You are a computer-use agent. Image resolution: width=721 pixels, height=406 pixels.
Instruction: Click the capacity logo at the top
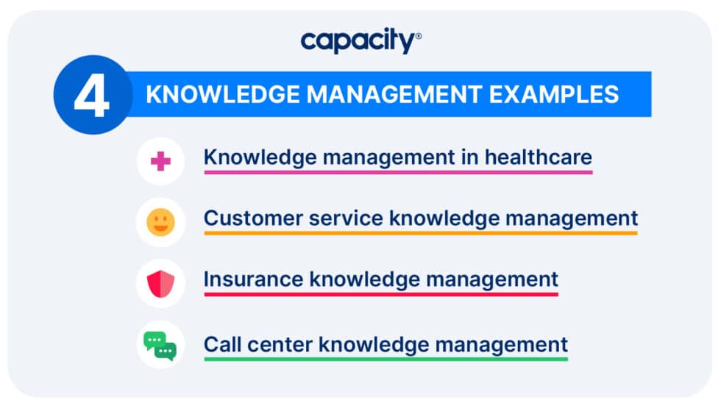(x=359, y=41)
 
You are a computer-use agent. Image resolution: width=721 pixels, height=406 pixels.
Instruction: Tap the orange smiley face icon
(x=160, y=222)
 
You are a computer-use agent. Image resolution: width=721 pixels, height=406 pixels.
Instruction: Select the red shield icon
(x=160, y=283)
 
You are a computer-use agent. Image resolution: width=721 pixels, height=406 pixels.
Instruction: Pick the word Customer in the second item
(x=246, y=218)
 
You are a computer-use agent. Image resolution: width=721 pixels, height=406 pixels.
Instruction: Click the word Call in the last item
(x=221, y=343)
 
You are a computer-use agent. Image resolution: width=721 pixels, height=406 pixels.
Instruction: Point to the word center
(x=277, y=343)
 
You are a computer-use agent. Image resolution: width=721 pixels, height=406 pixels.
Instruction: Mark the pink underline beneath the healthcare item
(x=397, y=172)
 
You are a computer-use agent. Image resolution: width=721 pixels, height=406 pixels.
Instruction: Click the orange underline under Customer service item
(x=420, y=233)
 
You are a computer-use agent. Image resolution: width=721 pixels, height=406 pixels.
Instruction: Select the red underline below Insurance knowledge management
(x=380, y=294)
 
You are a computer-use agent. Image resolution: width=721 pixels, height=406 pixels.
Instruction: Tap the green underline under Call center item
(x=386, y=358)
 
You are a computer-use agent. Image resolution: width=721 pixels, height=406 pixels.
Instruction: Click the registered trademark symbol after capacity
(x=419, y=35)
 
